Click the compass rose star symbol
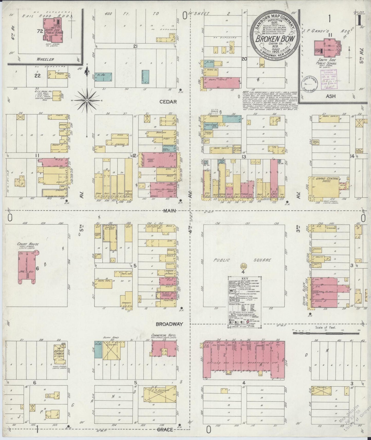tap(87, 100)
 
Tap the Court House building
tap(26, 267)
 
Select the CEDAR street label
tap(168, 102)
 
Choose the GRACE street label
tap(166, 429)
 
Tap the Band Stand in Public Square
tap(243, 266)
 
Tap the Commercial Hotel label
tap(162, 335)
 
